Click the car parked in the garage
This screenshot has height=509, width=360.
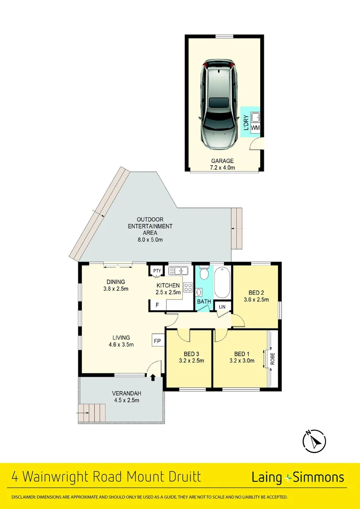[x=219, y=104]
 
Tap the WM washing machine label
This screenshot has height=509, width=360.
[x=255, y=128]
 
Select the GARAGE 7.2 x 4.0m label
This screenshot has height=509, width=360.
[x=222, y=164]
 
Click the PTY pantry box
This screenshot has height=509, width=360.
[x=156, y=271]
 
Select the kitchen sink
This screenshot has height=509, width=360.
[x=178, y=271]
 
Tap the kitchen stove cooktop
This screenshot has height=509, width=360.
[x=188, y=288]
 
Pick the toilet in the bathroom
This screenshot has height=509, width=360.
[x=204, y=273]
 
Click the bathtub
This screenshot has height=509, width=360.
[x=222, y=282]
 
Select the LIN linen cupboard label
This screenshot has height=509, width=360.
[x=222, y=307]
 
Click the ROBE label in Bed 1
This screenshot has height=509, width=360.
[x=272, y=359]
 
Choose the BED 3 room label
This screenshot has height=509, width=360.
[x=187, y=358]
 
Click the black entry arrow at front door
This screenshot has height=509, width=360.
[x=152, y=377]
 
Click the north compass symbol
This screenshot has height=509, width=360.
[x=313, y=441]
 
